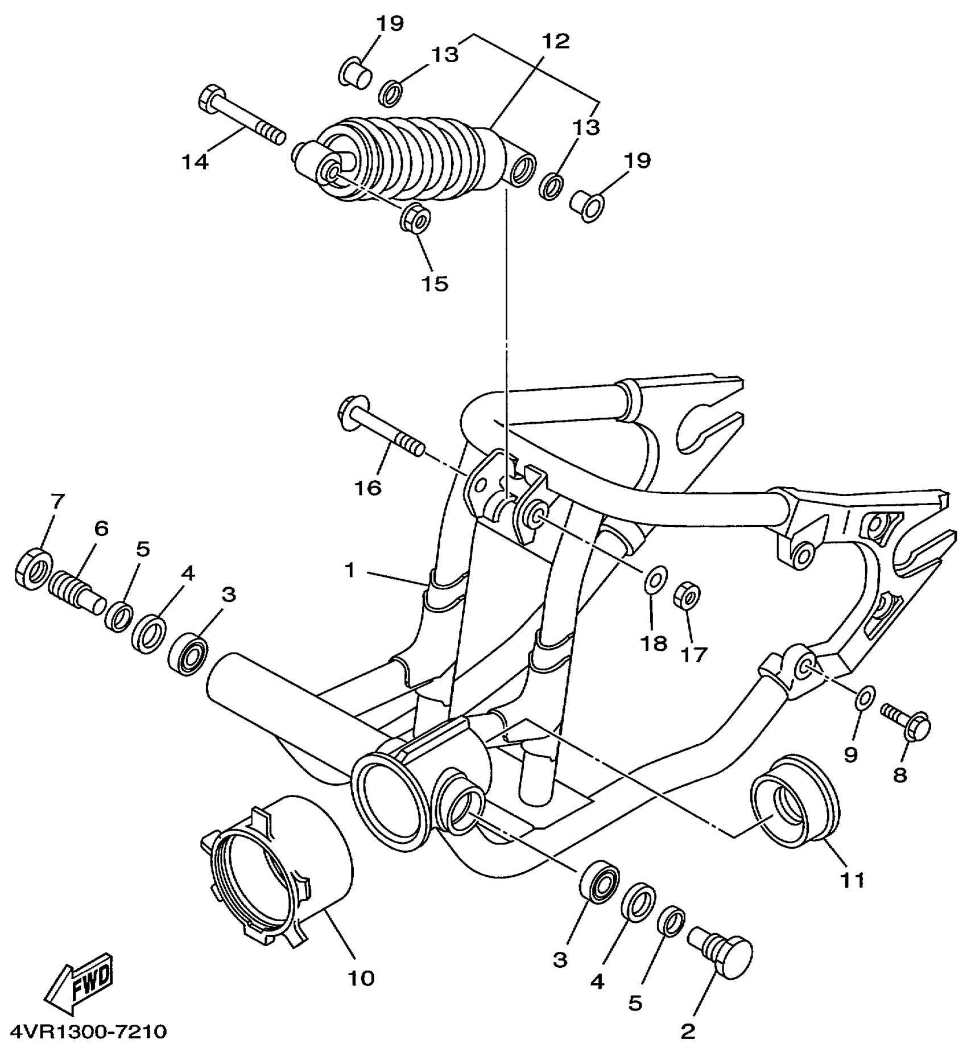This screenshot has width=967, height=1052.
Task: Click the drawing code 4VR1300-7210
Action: pos(88,1031)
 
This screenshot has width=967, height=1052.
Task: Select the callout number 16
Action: pos(368,487)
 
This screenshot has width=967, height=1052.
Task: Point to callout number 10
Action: pos(361,978)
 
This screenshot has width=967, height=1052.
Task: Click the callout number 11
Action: pos(851,880)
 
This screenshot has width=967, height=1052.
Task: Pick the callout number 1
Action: pos(349,570)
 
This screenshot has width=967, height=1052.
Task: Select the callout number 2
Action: pos(688,1032)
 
